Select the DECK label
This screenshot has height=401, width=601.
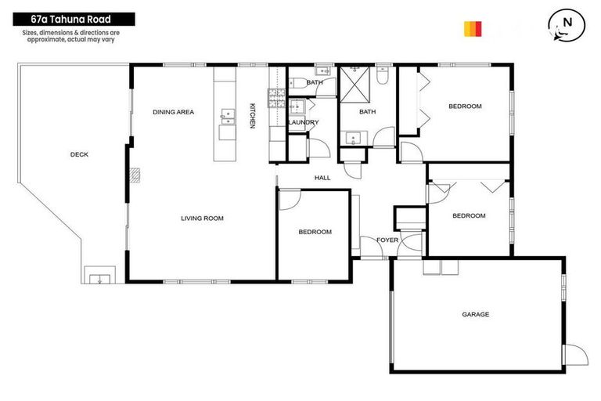pos(79,154)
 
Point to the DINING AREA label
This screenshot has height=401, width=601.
pos(173,112)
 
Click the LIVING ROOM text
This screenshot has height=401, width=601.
pos(203,219)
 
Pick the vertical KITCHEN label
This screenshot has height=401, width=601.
pos(252,116)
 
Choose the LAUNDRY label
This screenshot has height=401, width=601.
pos(303,123)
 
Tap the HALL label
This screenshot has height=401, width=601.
pos(322,178)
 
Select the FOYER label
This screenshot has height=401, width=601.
pos(387,240)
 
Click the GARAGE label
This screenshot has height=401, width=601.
pos(475,314)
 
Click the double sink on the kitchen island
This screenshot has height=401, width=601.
pos(229,117)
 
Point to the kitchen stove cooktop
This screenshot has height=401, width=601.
pos(277,97)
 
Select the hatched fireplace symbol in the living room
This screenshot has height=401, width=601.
pos(135,175)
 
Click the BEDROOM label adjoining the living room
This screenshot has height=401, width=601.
pos(315,232)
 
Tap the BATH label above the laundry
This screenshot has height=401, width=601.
pos(315,82)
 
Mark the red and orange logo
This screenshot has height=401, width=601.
pos(473,29)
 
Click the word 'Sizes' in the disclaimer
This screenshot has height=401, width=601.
pos(31,32)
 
